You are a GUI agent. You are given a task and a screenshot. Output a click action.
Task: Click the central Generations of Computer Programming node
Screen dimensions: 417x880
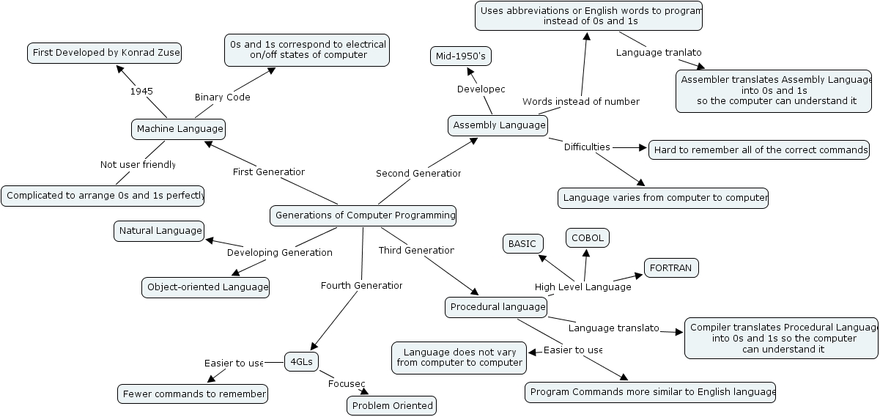[363, 215]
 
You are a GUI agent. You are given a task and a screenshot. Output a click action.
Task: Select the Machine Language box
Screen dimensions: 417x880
[180, 129]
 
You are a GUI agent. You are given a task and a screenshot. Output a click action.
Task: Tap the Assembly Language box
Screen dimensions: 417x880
[499, 125]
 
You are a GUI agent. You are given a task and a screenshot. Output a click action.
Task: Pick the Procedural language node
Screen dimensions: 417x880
[497, 307]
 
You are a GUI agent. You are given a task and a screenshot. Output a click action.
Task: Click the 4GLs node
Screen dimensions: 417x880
[302, 361]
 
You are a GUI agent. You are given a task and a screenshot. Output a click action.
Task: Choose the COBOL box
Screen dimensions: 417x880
[588, 238]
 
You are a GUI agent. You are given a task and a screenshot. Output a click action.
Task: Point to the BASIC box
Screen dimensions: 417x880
[523, 244]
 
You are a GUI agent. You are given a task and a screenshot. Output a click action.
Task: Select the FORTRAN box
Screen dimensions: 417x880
[670, 268]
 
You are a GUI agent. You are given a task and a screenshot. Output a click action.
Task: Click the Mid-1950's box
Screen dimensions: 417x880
[460, 56]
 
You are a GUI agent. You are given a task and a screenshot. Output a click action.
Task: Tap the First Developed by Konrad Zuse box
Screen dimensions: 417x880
[104, 53]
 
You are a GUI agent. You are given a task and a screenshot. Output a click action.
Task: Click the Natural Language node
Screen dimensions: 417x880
[159, 231]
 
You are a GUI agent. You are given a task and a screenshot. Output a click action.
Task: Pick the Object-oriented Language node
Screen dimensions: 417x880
[205, 287]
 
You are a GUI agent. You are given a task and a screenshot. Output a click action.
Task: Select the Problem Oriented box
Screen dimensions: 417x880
[392, 405]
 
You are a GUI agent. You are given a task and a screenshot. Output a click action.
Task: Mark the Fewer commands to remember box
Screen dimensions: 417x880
[193, 394]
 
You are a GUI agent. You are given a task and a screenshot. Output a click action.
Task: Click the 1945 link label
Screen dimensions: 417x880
[141, 92]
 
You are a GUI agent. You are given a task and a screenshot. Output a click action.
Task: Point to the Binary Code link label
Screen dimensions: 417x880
[222, 97]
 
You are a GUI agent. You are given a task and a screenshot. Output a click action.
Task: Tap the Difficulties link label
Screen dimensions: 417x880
[587, 147]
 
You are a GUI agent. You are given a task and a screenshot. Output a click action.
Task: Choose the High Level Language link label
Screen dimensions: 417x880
[583, 287]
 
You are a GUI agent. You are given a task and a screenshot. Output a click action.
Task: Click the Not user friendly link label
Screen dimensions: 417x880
[138, 165]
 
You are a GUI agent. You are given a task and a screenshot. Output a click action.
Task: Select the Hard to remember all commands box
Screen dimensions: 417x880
[760, 150]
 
